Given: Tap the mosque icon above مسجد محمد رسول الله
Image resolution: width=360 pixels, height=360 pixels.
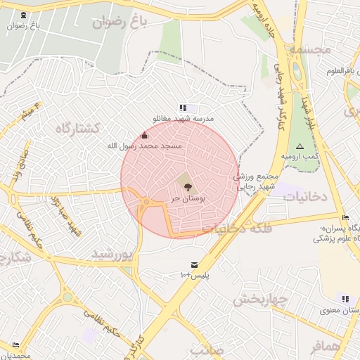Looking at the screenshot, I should [145, 135].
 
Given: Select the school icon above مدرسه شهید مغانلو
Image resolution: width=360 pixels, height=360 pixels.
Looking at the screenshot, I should [183, 108].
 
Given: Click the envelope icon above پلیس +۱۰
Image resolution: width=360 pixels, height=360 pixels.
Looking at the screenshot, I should [193, 264].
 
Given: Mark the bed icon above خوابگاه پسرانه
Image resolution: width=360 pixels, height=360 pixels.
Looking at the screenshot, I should [345, 217].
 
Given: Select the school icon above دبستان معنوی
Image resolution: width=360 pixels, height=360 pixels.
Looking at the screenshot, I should [345, 299].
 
